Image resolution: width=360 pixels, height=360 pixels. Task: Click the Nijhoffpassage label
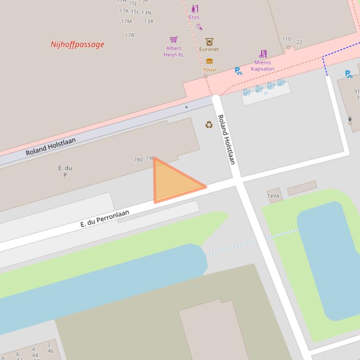tap(77, 44)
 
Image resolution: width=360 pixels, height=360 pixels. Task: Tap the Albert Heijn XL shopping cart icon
tap(174, 39)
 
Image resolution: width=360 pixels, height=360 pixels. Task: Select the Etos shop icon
tap(195, 8)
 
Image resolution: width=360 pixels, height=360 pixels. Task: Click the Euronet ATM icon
tap(209, 42)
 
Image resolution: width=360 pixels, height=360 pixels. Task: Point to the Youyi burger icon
tap(209, 61)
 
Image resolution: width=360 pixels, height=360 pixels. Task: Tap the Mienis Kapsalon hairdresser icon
tap(263, 54)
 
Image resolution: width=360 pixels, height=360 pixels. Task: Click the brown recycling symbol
tap(209, 124)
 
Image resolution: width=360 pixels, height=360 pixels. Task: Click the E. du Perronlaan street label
tap(104, 218)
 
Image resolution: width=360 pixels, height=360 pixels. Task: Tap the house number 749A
tap(273, 196)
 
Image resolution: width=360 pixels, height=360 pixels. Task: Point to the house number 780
tap(138, 159)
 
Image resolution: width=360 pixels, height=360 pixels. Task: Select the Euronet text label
tap(209, 49)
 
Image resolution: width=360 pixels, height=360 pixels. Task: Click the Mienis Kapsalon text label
tap(263, 65)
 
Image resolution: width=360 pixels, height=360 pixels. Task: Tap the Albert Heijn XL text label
tap(174, 51)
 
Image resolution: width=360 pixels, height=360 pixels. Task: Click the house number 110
tap(287, 39)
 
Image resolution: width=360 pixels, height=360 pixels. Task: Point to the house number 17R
tap(130, 35)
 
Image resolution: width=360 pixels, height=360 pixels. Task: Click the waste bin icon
tap(350, 120)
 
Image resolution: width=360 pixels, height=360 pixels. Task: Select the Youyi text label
tap(209, 69)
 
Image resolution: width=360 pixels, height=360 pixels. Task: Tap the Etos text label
tap(194, 17)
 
